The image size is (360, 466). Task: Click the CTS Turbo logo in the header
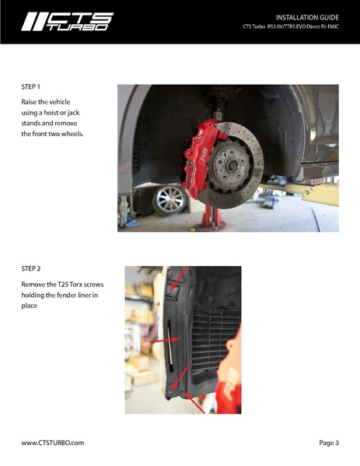pos(67,22)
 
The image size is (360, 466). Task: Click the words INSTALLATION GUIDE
pos(307,17)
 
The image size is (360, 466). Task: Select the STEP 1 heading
pos(30,87)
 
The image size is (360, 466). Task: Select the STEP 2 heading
pos(30,268)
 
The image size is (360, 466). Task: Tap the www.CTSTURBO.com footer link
pos(53,443)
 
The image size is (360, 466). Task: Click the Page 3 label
pos(329,443)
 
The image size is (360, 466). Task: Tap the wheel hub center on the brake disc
pos(232,166)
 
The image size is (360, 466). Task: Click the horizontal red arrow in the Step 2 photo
pos(165,340)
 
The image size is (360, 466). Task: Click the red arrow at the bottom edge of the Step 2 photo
pos(194,403)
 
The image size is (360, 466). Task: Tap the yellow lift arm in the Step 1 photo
pos(300,193)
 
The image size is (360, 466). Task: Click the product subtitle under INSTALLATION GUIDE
pos(291,26)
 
